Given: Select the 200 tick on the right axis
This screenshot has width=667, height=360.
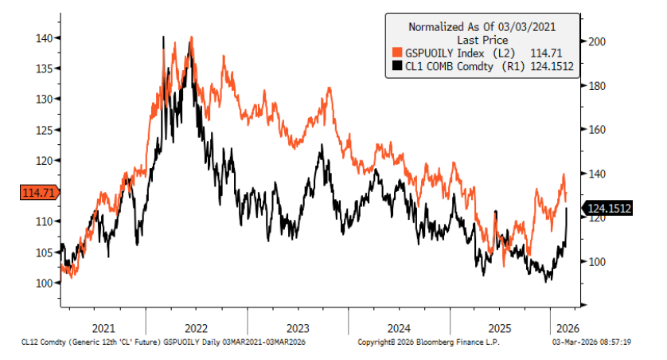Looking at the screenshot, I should [597, 41].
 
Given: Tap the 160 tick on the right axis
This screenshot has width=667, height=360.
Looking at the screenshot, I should [597, 130].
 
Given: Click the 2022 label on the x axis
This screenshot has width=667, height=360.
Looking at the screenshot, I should [196, 327].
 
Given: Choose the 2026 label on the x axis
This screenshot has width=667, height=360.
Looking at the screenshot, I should [565, 327].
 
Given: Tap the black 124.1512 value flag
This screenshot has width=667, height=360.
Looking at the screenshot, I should [609, 209].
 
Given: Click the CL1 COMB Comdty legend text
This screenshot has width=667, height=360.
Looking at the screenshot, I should [450, 66].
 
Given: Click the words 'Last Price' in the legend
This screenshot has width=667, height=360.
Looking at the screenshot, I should [482, 39].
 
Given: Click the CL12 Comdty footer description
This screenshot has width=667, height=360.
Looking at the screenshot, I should [164, 342].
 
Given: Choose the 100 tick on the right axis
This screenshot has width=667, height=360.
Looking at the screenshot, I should [597, 262].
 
